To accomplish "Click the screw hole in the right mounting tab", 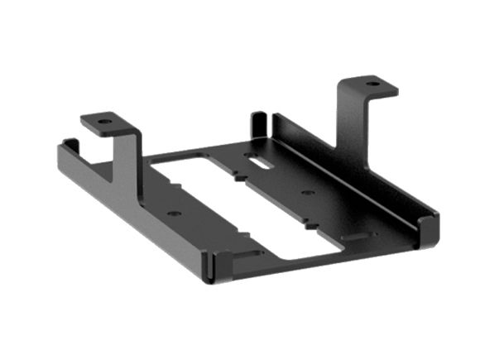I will coord(371,84).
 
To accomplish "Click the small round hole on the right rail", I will coord(308,193).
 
